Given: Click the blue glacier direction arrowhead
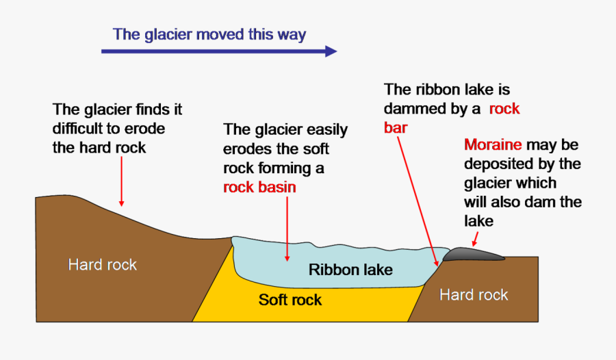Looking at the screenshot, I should click(x=331, y=51).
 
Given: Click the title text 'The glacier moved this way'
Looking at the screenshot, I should click(x=209, y=34).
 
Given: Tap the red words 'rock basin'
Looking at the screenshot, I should click(x=259, y=186).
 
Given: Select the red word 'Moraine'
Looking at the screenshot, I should click(x=493, y=145).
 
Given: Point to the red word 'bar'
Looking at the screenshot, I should click(x=396, y=127).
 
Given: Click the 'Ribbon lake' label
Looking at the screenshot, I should click(x=350, y=270).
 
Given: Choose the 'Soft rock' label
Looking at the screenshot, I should click(x=290, y=300).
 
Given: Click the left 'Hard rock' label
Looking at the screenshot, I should click(x=103, y=264).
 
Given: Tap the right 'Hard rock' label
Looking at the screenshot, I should click(x=474, y=295).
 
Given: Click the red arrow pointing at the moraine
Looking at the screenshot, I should click(x=474, y=238).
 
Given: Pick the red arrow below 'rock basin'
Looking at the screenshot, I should click(x=287, y=229).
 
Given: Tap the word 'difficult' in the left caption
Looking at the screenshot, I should click(x=81, y=129).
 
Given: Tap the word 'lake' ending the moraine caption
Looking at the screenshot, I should click(x=478, y=221).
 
